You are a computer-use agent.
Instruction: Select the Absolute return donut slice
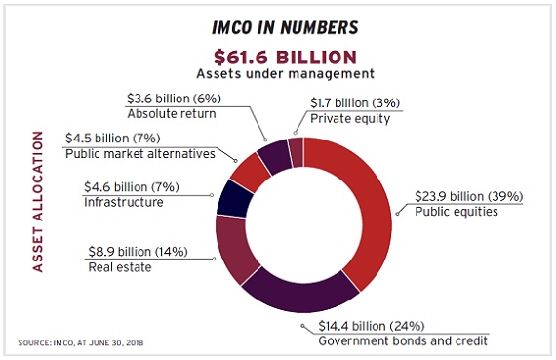[274, 154]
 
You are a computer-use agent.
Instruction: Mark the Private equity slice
[296, 149]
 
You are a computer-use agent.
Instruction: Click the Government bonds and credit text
[403, 340]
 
